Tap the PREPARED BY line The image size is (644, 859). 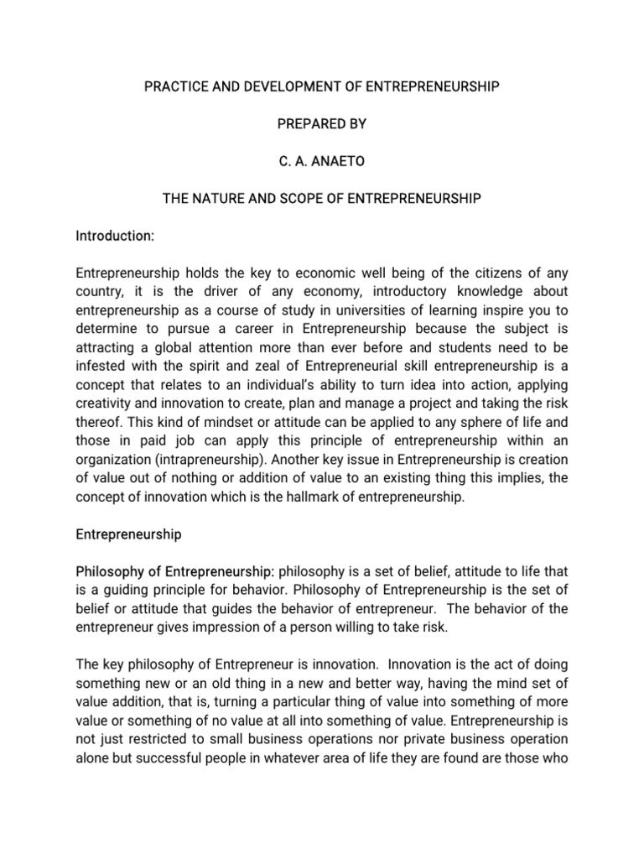tap(321, 124)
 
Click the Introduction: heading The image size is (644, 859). tap(115, 237)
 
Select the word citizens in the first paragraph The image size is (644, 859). tap(484, 274)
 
